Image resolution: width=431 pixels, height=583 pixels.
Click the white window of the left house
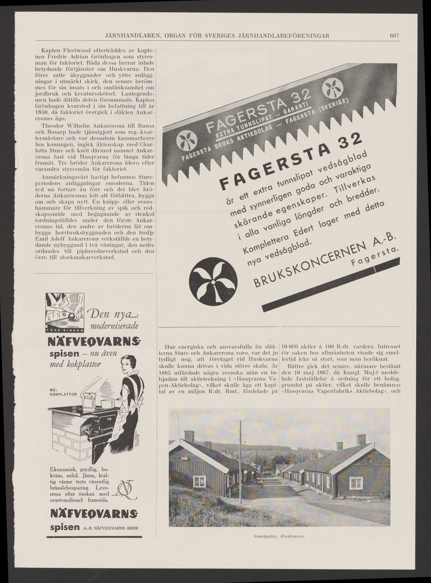click(x=199, y=481)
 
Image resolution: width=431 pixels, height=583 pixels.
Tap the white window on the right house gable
click(x=356, y=482)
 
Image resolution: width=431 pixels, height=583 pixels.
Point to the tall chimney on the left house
click(x=189, y=436)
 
